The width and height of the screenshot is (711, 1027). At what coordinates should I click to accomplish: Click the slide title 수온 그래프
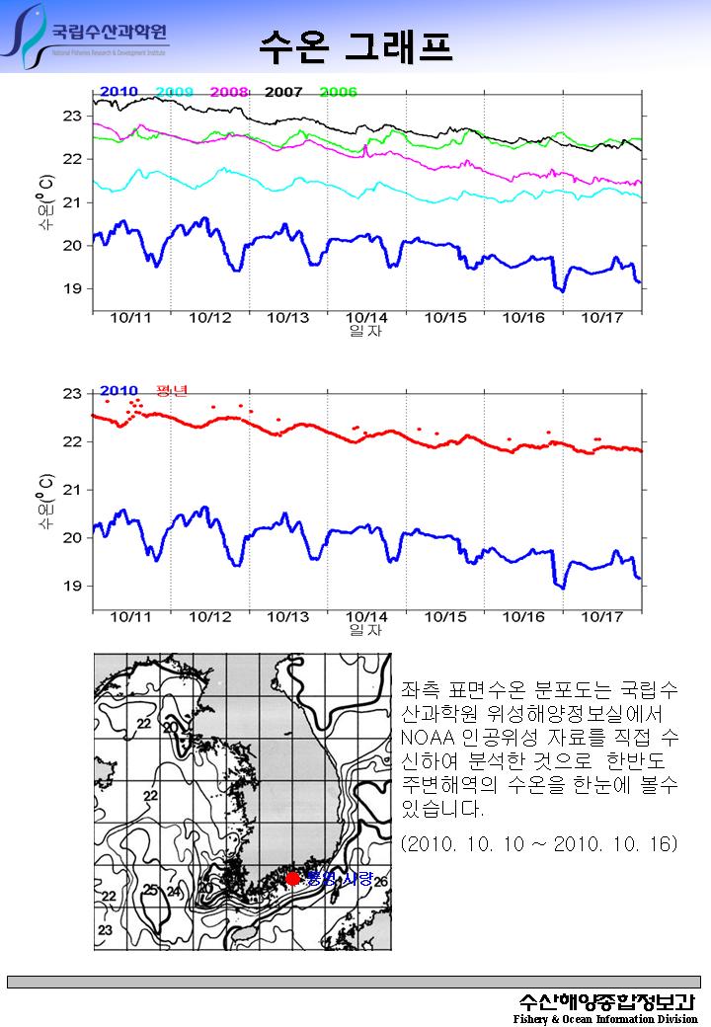click(355, 44)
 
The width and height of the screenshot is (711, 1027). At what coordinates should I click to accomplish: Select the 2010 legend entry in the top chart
click(118, 92)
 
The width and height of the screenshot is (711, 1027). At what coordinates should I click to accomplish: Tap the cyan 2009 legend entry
click(174, 92)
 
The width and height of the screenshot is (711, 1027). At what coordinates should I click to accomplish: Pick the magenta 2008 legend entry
click(228, 92)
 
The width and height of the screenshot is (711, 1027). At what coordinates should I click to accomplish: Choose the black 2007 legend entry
click(283, 92)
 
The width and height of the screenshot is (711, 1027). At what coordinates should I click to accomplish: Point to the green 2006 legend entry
click(339, 92)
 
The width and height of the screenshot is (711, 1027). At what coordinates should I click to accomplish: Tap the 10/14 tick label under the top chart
click(366, 318)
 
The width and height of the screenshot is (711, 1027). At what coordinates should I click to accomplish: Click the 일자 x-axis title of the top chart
click(365, 332)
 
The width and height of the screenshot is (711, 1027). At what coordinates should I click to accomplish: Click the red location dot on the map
click(292, 878)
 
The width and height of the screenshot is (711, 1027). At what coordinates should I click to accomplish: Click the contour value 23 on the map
click(105, 930)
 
